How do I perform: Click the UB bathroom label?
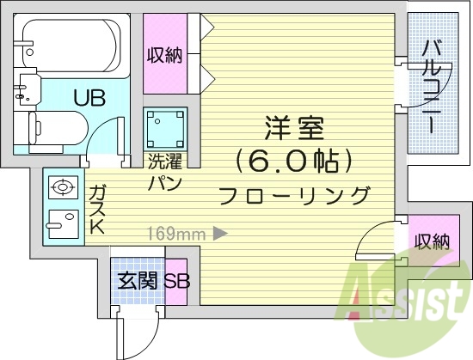click(x=89, y=98)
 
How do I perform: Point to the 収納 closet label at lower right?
click(x=430, y=241)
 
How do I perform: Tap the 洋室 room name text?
click(x=294, y=130)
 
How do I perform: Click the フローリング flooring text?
click(x=294, y=195)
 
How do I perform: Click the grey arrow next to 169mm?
click(x=219, y=231)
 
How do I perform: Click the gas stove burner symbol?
click(x=62, y=186)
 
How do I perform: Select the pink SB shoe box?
click(x=176, y=281)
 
